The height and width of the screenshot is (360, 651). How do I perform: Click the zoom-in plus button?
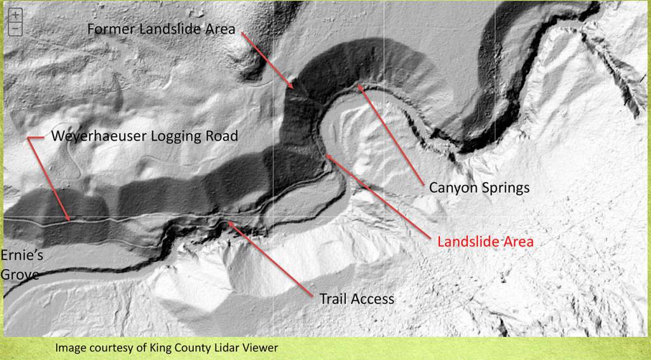(16, 14)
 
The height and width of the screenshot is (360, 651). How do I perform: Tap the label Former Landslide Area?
(161, 29)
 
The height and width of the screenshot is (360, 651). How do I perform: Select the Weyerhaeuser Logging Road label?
(144, 136)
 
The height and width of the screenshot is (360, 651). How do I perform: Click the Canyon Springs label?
(479, 188)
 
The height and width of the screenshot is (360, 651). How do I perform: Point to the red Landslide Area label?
(485, 242)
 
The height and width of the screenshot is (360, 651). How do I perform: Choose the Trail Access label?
(357, 298)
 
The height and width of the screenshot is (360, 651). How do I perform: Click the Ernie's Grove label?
(19, 264)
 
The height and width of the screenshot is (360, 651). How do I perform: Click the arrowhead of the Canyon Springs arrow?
(359, 85)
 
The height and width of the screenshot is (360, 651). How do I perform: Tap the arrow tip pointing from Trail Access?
(228, 222)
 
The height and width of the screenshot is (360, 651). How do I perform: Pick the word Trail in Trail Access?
(333, 298)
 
